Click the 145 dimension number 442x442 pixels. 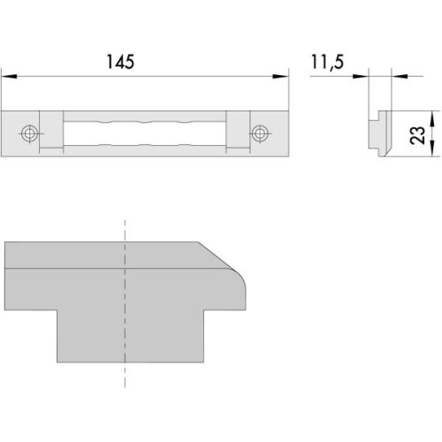coord(120,62)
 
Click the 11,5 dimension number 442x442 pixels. coord(327,62)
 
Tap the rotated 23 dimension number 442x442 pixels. coord(417,135)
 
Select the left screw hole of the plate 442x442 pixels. coord(29,133)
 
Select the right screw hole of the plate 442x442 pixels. coord(260,133)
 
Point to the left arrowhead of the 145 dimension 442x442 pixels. coord(9,76)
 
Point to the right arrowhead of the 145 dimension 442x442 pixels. coord(281,76)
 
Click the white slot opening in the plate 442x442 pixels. coord(145,133)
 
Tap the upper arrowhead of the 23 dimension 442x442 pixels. coord(431,118)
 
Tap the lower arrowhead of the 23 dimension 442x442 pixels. coord(431,149)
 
